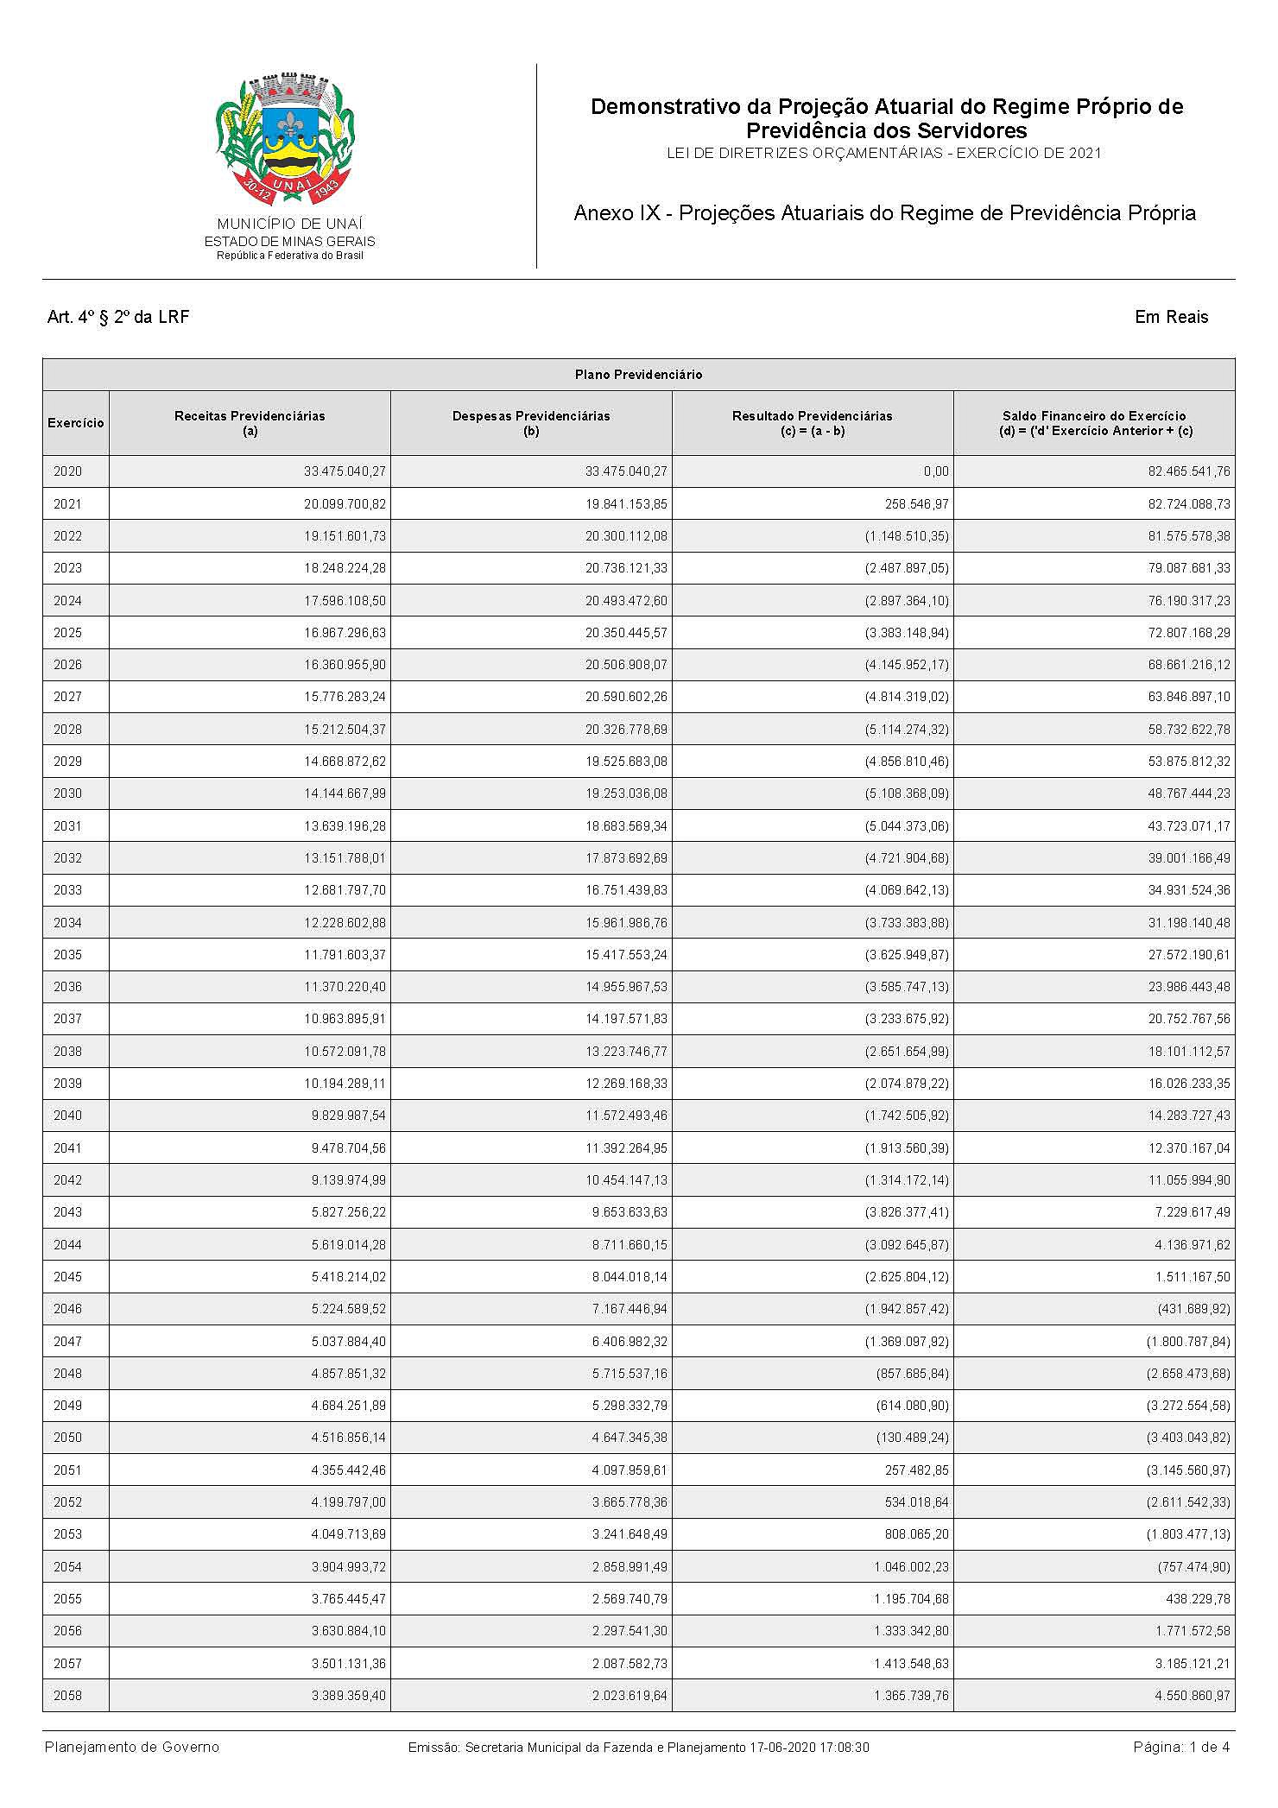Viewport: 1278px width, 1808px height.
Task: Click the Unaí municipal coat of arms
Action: point(286,139)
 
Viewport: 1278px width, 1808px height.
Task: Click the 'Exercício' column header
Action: point(76,423)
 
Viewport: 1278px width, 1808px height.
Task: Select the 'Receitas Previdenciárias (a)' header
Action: point(250,423)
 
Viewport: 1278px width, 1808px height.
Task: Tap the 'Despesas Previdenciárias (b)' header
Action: point(531,423)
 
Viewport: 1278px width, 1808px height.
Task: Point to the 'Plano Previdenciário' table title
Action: point(638,375)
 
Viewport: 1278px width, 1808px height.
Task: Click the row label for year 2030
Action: point(68,793)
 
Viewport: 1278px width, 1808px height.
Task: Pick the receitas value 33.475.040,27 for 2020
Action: point(345,471)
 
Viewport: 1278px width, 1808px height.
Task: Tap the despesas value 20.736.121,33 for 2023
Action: point(626,568)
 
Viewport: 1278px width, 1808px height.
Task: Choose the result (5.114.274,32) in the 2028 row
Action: point(907,730)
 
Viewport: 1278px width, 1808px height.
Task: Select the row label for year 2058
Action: point(68,1696)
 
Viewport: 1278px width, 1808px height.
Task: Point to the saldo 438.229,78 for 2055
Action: point(1198,1599)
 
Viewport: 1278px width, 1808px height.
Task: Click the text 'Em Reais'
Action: point(1171,317)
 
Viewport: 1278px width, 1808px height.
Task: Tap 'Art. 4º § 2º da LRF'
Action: point(118,317)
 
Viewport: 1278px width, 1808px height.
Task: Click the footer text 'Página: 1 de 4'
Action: point(1181,1748)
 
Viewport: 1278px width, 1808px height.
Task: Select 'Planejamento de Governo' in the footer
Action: point(132,1748)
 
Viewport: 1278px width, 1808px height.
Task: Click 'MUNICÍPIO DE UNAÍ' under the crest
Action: point(290,224)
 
